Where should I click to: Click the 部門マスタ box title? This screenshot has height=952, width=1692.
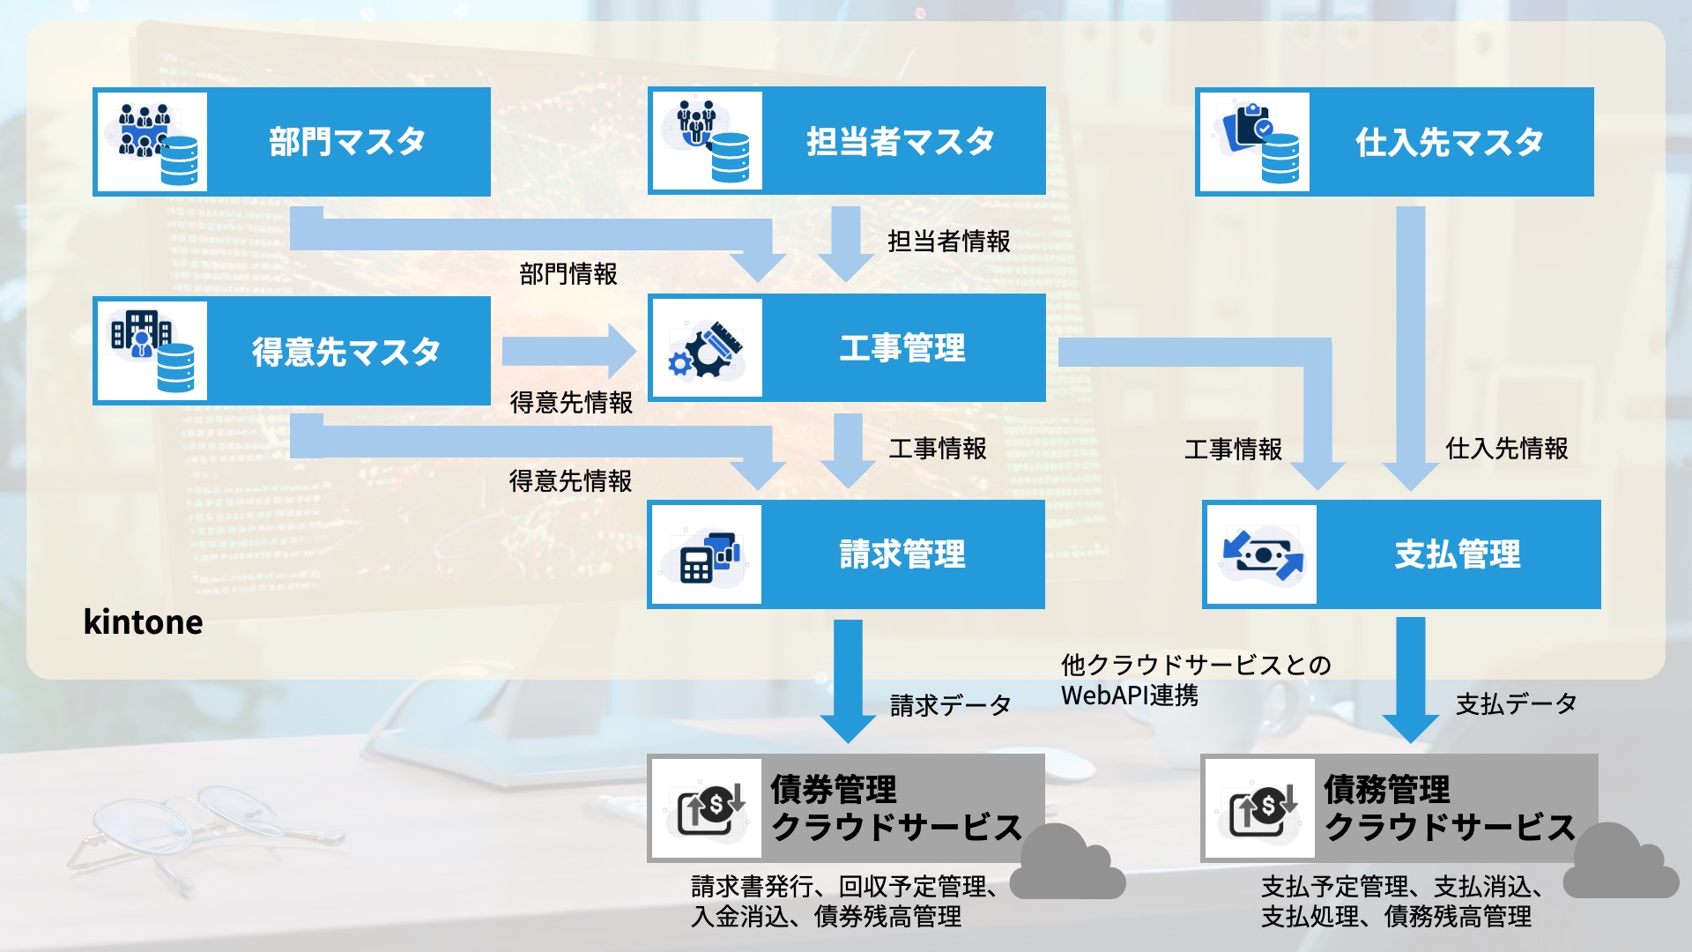(347, 141)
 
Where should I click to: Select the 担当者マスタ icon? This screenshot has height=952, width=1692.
(706, 141)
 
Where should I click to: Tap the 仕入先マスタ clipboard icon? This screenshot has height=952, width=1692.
(1253, 141)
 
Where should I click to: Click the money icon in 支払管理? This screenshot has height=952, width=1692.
(1262, 554)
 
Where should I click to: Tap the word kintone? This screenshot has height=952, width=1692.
(143, 622)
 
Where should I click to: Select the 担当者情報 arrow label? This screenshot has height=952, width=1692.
(948, 241)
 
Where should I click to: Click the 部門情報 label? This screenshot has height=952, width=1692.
(568, 274)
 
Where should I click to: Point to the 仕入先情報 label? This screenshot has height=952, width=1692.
(1506, 449)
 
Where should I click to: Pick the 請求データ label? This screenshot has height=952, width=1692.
(950, 705)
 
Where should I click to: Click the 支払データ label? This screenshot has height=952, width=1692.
(1516, 703)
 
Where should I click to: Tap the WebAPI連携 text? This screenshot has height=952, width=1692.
(1130, 695)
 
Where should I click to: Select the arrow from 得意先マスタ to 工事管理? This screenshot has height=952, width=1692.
(568, 351)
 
